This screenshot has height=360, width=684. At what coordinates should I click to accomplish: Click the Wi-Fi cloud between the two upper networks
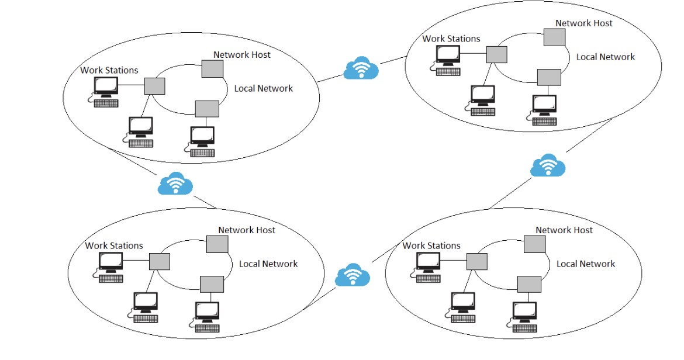click(361, 68)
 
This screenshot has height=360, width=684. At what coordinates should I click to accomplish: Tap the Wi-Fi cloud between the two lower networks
click(353, 275)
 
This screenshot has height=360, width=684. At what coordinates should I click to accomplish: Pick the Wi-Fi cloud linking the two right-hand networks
click(548, 165)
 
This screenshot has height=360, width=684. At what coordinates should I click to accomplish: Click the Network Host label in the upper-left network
click(241, 54)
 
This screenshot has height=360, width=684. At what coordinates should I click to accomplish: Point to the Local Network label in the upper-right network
click(606, 57)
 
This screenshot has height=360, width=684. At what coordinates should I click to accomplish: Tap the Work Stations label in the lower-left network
click(114, 245)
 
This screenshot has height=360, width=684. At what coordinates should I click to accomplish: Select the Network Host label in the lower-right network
click(564, 230)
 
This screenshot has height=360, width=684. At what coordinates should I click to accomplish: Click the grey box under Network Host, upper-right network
click(554, 37)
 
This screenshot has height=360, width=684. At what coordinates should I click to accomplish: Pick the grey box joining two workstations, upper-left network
click(155, 86)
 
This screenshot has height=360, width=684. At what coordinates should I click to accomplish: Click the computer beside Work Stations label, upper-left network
click(106, 92)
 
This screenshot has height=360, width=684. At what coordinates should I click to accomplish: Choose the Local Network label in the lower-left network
click(268, 264)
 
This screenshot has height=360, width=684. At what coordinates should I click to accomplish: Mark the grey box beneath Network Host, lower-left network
click(217, 244)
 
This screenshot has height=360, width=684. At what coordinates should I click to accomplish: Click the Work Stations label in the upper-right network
click(451, 39)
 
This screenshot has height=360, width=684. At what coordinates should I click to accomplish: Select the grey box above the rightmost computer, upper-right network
click(549, 78)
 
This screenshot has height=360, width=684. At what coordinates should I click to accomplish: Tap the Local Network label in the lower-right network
click(586, 264)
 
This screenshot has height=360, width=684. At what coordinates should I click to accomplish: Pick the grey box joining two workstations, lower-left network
click(160, 262)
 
